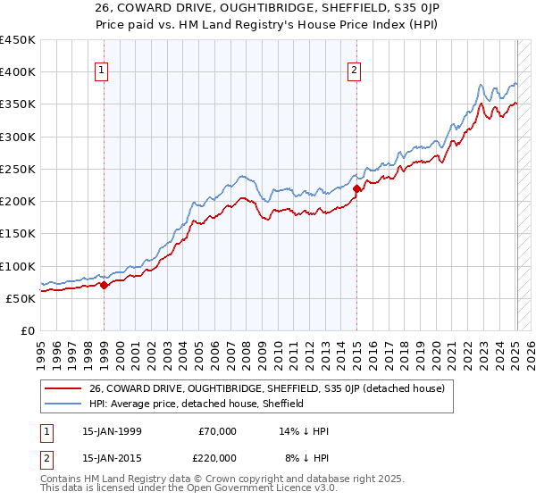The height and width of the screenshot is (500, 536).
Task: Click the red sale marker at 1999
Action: click(104, 286)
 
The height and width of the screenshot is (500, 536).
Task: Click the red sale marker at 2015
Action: click(356, 188)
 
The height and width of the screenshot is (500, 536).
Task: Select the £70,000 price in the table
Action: click(217, 431)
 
